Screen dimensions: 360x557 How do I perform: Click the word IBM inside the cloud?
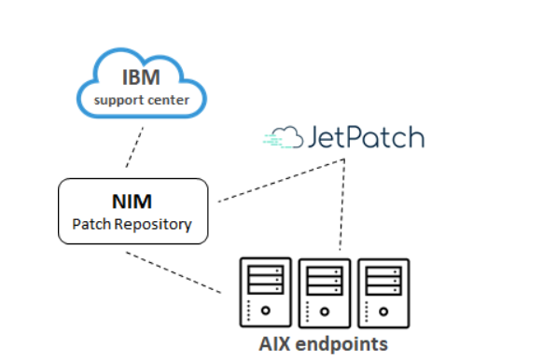[x=141, y=77]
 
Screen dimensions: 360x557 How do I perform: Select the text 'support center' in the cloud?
[x=141, y=99]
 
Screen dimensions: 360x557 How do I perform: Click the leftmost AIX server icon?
[x=265, y=292]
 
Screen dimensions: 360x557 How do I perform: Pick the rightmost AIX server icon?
[x=383, y=292]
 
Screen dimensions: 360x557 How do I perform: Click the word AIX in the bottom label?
[x=277, y=343]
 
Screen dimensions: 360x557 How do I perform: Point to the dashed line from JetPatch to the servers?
[x=342, y=205]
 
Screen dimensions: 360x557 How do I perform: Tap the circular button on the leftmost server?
[x=265, y=311]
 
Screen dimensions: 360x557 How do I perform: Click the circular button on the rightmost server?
[x=383, y=311]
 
